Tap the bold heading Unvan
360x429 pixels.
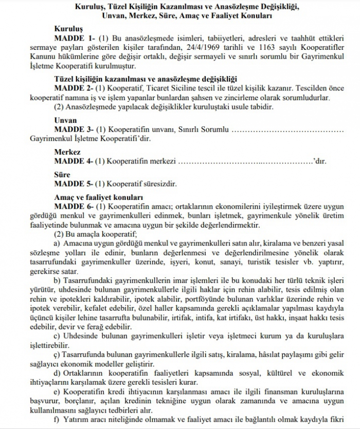(66, 120)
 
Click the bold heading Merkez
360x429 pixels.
(67, 153)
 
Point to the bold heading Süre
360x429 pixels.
(63, 175)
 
